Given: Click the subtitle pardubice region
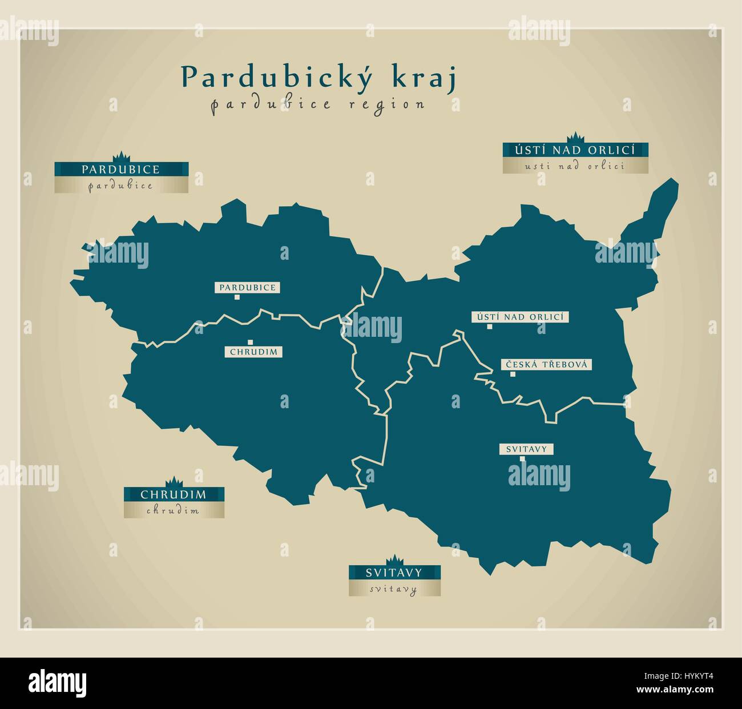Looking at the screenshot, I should tap(318, 104).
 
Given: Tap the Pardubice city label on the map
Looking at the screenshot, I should tap(248, 288).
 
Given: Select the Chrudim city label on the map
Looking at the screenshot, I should tap(254, 352).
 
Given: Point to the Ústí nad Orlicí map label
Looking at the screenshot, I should tap(521, 317).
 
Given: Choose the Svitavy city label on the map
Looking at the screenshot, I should tap(526, 449).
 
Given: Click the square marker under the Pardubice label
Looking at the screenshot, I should tap(237, 297).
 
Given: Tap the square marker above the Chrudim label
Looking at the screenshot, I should tap(250, 343).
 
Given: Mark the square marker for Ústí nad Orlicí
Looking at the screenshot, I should tap(490, 327).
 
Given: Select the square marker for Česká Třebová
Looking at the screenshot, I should tap(513, 374).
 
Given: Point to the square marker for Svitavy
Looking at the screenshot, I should tap(522, 458).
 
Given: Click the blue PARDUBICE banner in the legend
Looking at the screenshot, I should tap(121, 170).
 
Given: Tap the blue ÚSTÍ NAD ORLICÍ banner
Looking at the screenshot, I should tap(575, 150).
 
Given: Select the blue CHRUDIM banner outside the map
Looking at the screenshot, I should tap(174, 494).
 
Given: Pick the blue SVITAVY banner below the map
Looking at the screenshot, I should tap(394, 573).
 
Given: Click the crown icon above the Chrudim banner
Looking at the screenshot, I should tap(173, 482).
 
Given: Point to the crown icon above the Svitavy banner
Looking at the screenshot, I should tap(394, 560).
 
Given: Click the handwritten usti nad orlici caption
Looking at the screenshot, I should tap(575, 166).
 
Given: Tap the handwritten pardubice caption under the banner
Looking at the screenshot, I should tap(121, 186).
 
